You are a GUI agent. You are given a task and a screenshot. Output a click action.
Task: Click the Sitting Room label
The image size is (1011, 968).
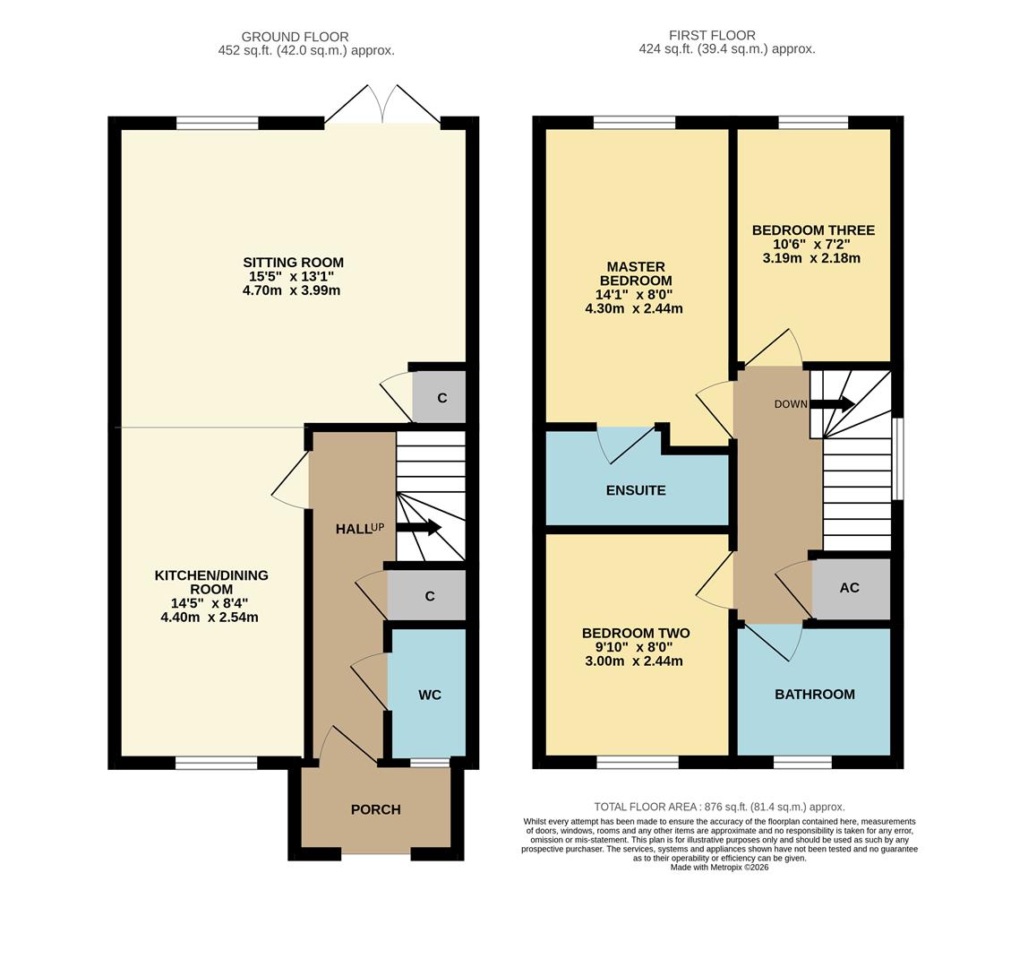(x=293, y=263)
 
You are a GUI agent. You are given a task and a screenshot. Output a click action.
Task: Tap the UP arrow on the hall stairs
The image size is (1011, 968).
(x=419, y=527)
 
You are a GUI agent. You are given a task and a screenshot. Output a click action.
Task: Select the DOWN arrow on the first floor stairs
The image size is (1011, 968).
(x=832, y=404)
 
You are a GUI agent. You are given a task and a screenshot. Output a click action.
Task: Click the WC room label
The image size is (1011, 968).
(x=430, y=695)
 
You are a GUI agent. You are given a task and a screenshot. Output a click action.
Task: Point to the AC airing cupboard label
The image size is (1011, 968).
(x=850, y=588)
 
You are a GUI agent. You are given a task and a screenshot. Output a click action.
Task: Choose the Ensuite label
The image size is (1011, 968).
(x=636, y=490)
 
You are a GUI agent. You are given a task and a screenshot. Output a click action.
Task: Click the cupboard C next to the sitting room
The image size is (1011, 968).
(x=441, y=398)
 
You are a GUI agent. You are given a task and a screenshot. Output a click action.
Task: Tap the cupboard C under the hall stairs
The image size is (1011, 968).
(x=430, y=596)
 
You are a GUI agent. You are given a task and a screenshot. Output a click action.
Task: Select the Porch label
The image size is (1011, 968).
(x=375, y=809)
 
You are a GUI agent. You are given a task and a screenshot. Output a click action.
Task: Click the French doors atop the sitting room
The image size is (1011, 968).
(x=382, y=106)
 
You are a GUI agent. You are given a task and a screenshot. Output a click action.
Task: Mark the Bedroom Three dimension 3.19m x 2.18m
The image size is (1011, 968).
(x=812, y=258)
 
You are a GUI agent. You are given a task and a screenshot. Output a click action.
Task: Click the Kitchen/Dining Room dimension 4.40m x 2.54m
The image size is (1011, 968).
(x=210, y=618)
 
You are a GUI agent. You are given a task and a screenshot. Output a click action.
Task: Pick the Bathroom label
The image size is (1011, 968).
(x=814, y=695)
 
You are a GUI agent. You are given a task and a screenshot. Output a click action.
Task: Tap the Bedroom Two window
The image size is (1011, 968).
(x=638, y=763)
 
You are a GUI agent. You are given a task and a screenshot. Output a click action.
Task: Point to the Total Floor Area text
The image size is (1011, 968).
(x=719, y=807)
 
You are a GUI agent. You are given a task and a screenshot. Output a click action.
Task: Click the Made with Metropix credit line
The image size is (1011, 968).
(x=719, y=867)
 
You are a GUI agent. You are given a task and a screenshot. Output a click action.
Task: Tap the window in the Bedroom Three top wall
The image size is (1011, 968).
(x=813, y=123)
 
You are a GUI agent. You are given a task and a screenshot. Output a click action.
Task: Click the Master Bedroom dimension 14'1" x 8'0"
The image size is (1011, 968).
(x=634, y=294)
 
